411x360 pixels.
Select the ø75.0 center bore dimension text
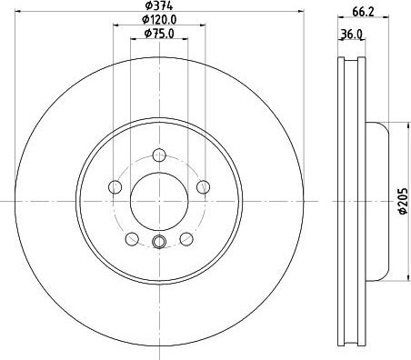click(161, 35)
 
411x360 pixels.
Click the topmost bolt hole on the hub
click(160, 154)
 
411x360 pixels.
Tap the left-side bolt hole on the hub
click(115, 187)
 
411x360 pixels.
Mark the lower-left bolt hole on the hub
click(132, 238)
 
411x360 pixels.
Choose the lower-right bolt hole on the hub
click(187, 238)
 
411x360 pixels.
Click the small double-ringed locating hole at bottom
click(160, 242)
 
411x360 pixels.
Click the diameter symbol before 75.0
click(147, 35)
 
